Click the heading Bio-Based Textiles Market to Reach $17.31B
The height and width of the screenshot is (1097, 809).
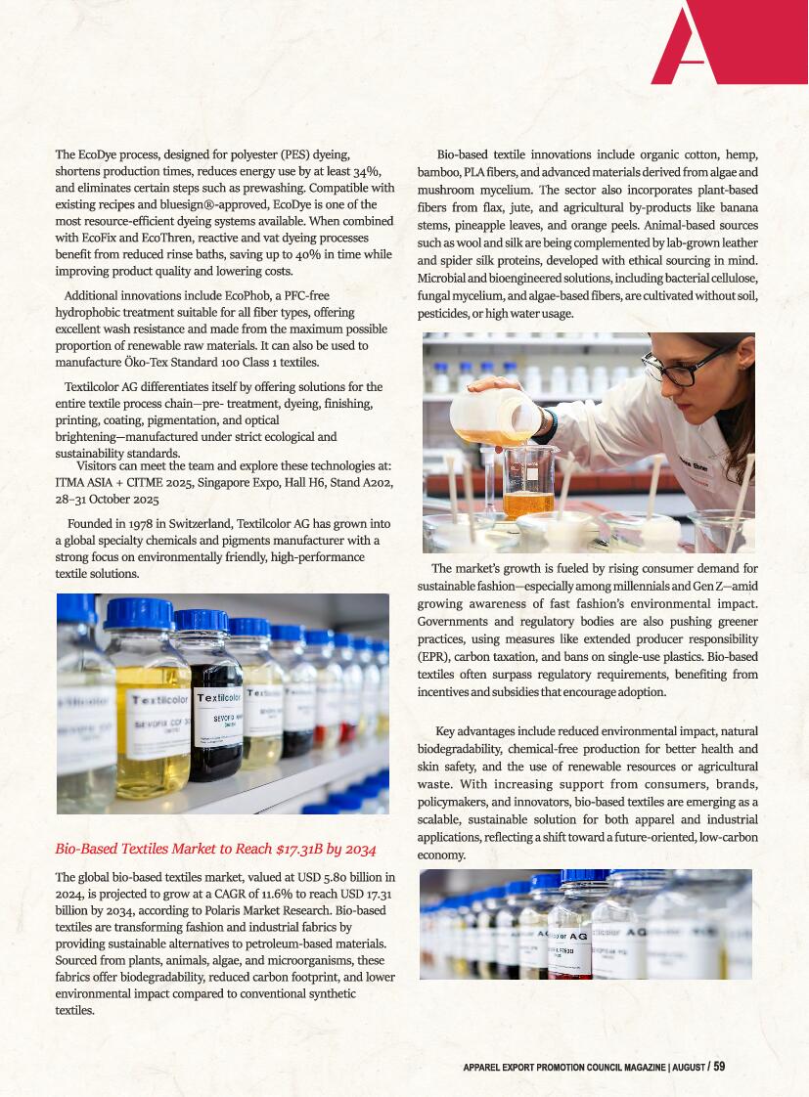215,848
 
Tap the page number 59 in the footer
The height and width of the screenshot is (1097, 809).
719,1066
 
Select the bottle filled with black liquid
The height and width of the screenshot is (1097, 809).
215,704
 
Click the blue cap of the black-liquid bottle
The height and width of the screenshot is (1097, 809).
201,620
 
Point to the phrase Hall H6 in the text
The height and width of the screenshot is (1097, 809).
286,482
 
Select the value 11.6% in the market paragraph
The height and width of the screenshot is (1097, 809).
272,894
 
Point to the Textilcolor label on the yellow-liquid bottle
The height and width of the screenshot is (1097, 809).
159,701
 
